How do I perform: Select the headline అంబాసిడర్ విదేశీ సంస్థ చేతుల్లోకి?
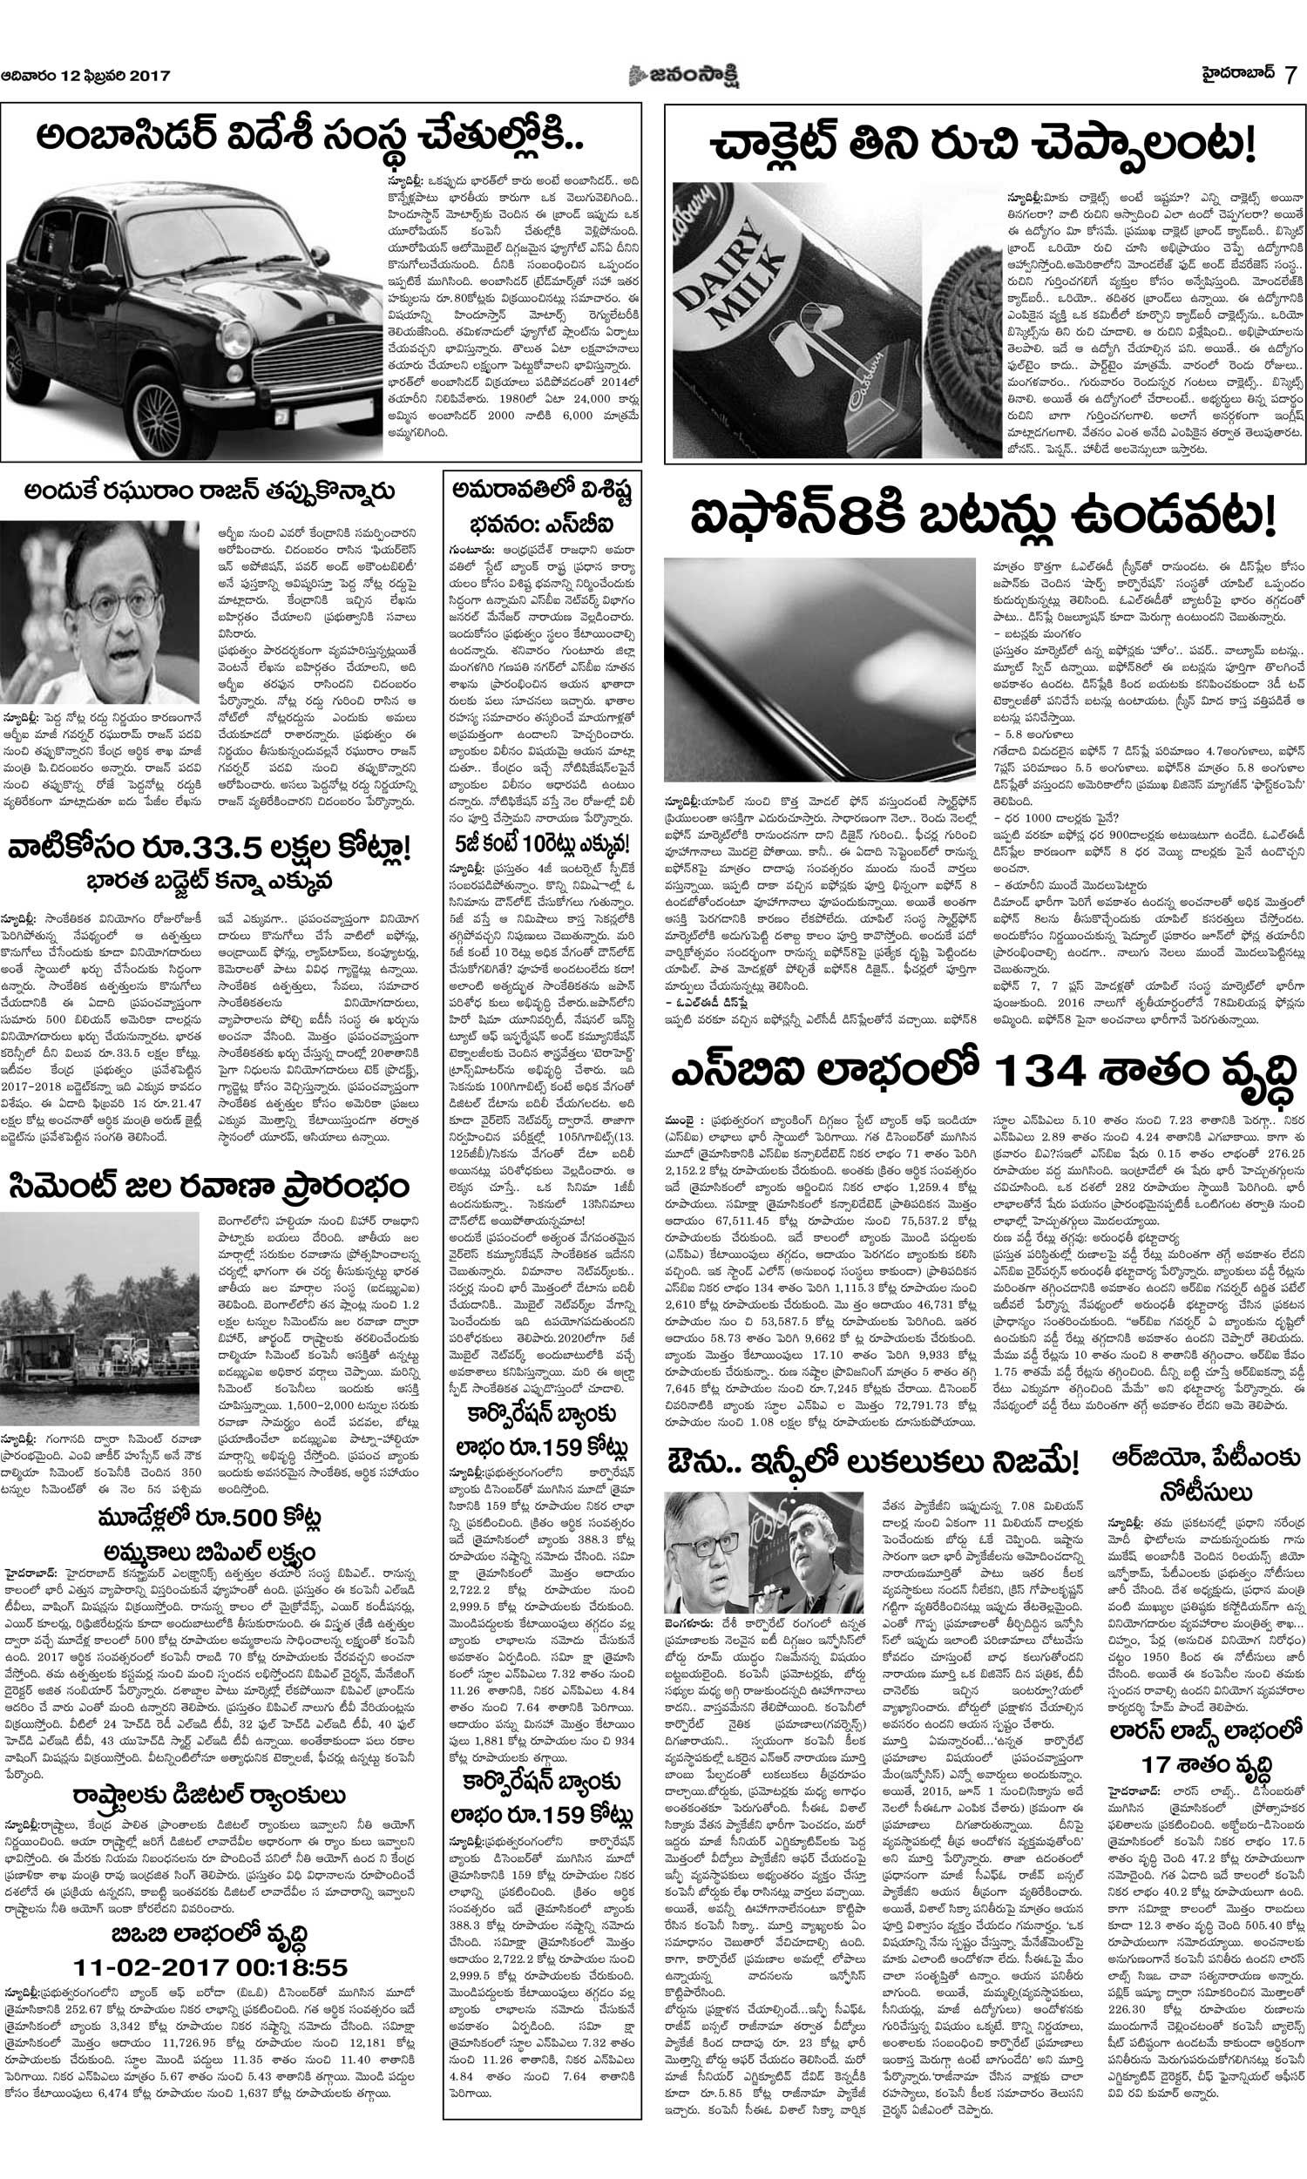(x=313, y=143)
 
